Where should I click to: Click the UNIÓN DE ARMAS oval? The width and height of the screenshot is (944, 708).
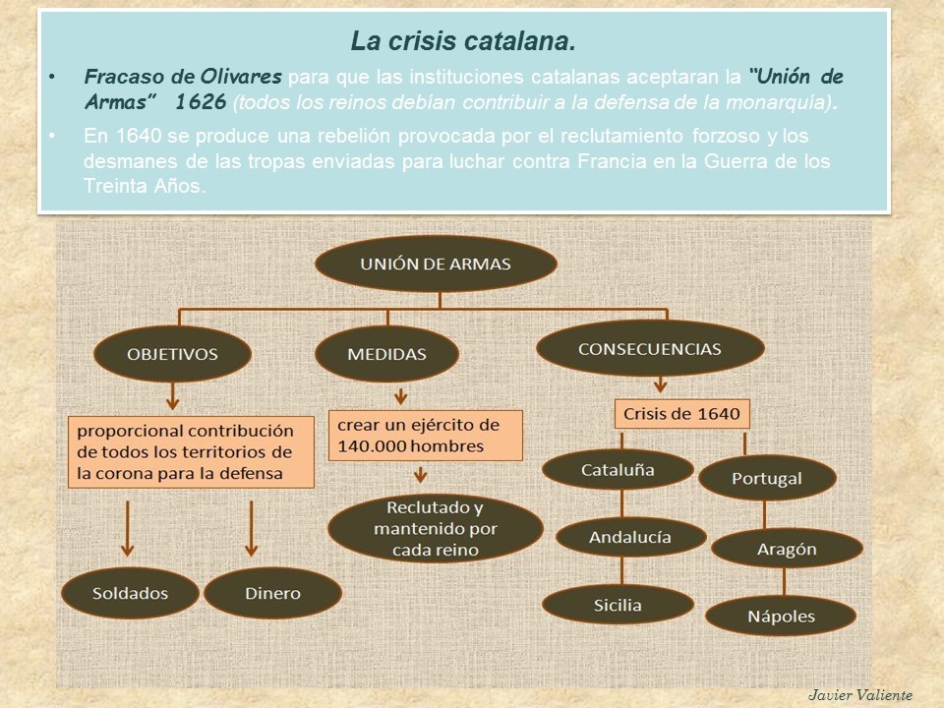436,264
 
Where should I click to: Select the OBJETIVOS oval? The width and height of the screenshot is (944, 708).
172,354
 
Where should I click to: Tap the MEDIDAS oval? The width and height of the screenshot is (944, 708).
387,354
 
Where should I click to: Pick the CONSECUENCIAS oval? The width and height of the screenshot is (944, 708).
650,349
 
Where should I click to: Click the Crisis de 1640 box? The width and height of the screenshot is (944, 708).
681,414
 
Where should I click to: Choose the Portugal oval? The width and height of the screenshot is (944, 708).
767,479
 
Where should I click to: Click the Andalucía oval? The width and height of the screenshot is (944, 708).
630,537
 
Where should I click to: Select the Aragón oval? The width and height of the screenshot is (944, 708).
787,549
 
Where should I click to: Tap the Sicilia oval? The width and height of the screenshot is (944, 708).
618,605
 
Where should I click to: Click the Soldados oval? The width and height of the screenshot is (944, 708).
130,593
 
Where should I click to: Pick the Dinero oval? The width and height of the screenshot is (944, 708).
273,593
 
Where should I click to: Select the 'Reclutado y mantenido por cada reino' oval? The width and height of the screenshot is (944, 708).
436,529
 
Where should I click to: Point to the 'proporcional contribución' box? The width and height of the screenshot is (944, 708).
192,451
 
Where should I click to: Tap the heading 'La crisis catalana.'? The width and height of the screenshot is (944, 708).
463,42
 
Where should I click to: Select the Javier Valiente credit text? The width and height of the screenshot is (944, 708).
860,694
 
